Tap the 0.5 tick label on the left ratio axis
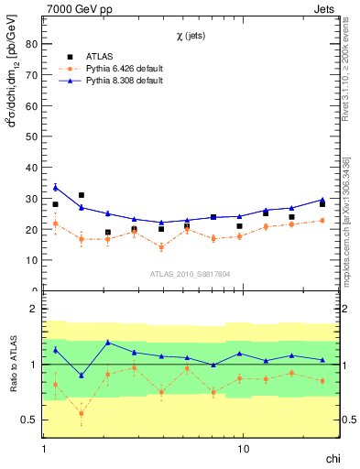pos(27,420)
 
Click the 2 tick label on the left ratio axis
pos(32,310)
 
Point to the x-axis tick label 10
pos(243,450)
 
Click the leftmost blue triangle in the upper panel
pos(56,188)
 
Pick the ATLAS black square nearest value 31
pos(82,195)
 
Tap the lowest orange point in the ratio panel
pos(82,413)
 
